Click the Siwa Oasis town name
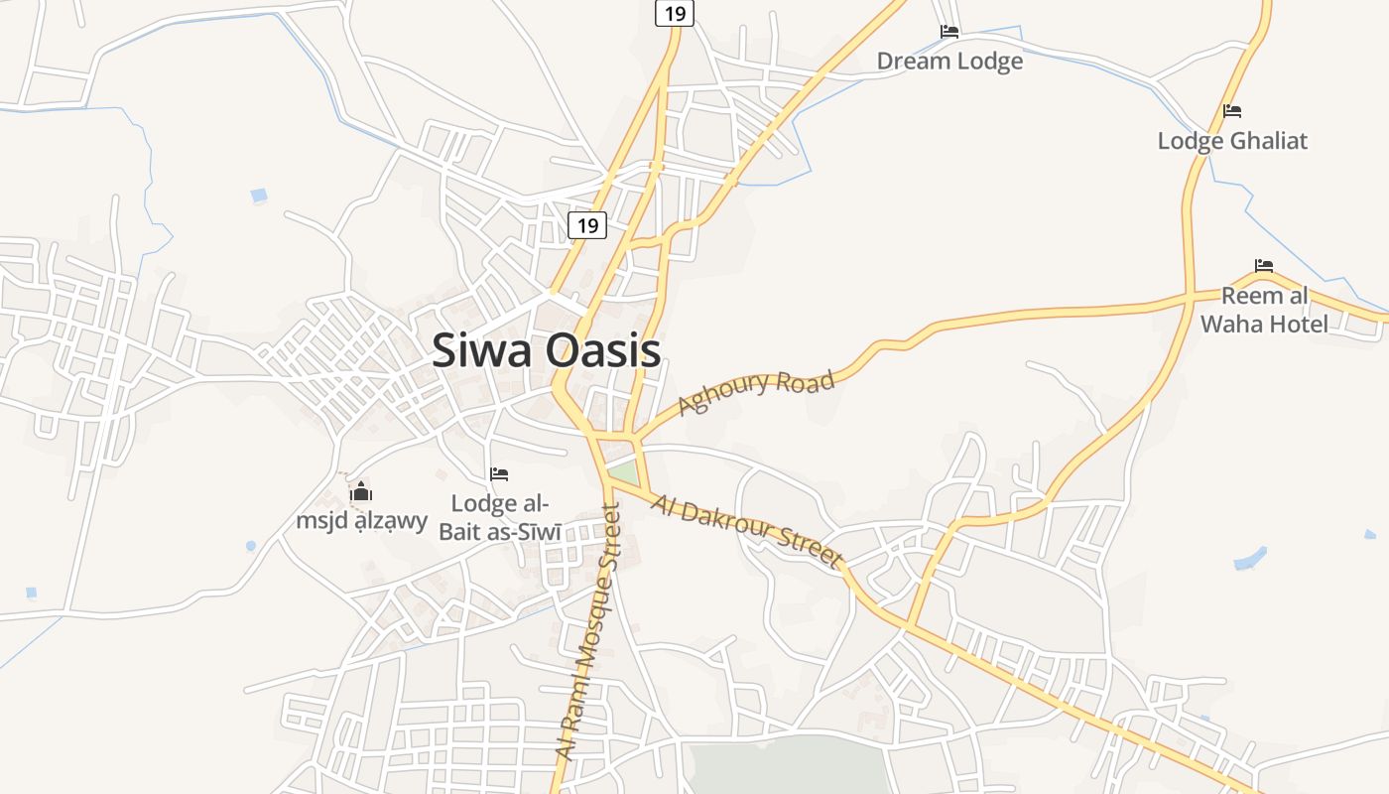click(x=547, y=350)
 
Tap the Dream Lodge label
click(x=949, y=62)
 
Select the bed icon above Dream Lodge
click(x=949, y=32)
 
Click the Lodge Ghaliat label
click(x=1232, y=141)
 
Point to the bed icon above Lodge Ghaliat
click(x=1232, y=111)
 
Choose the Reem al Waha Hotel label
click(x=1264, y=310)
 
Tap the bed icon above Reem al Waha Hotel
click(x=1264, y=266)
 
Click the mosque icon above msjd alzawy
click(x=361, y=491)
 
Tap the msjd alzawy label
click(x=361, y=520)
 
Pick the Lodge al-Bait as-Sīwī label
click(x=500, y=517)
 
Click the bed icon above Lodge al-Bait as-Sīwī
click(x=499, y=474)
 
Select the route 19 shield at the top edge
click(x=675, y=13)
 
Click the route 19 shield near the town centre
click(x=587, y=226)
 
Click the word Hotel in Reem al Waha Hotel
click(x=1290, y=324)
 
